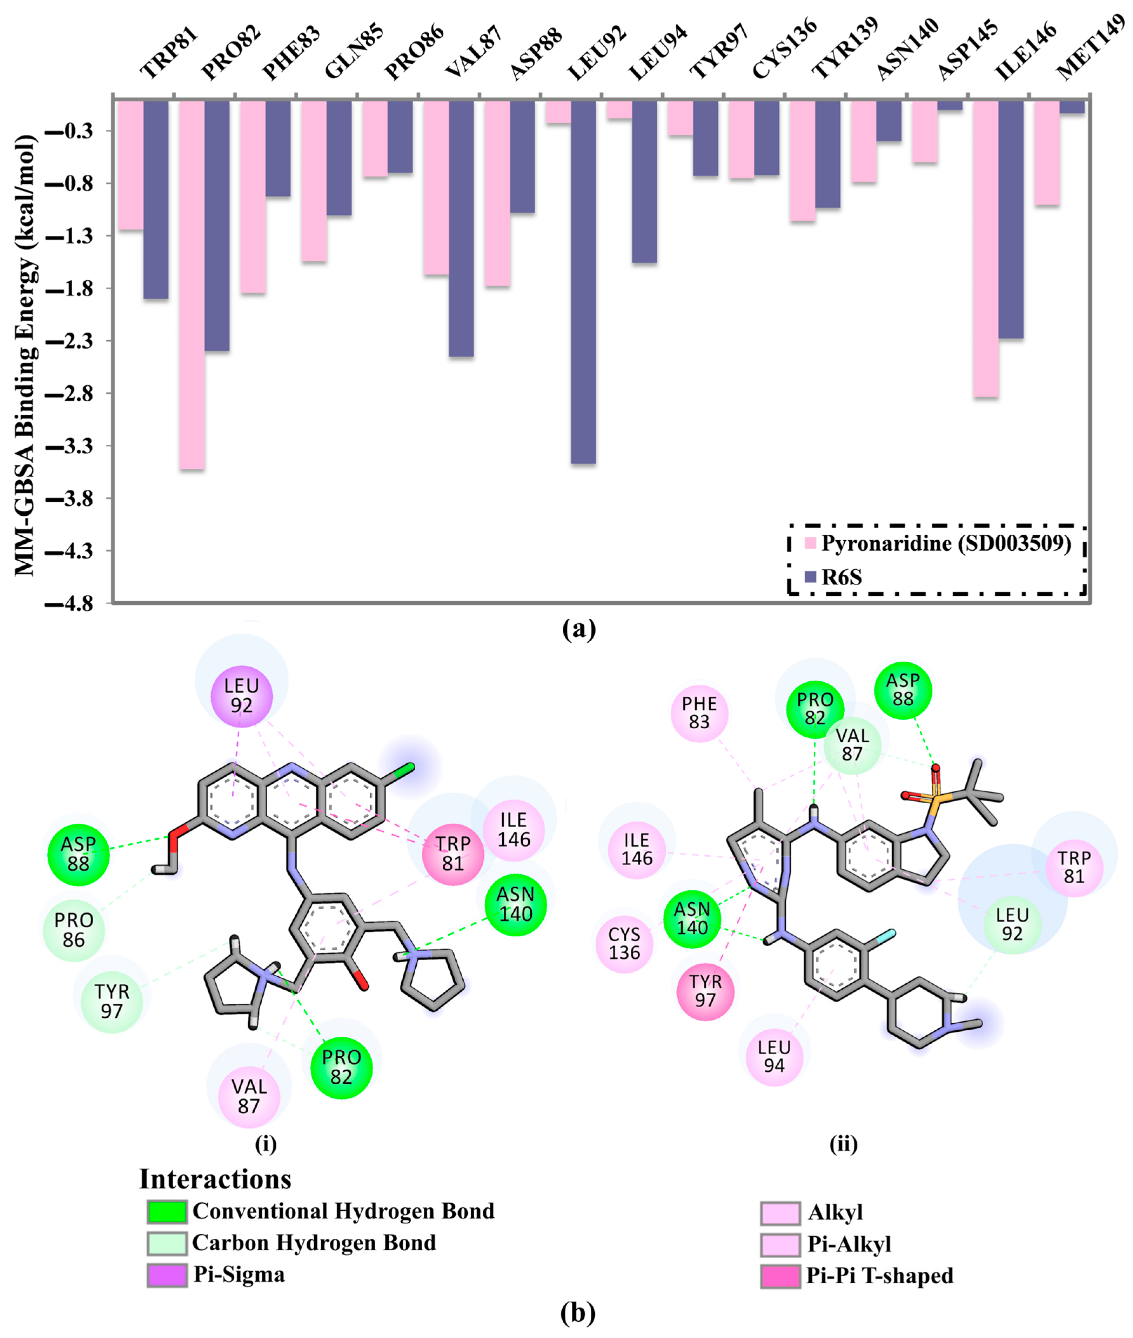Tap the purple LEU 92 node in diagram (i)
coord(241,696)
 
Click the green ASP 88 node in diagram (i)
coord(78,854)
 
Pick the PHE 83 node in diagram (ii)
coord(699,713)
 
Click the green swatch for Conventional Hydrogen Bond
coord(167,1211)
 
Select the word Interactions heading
coord(215,1179)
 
